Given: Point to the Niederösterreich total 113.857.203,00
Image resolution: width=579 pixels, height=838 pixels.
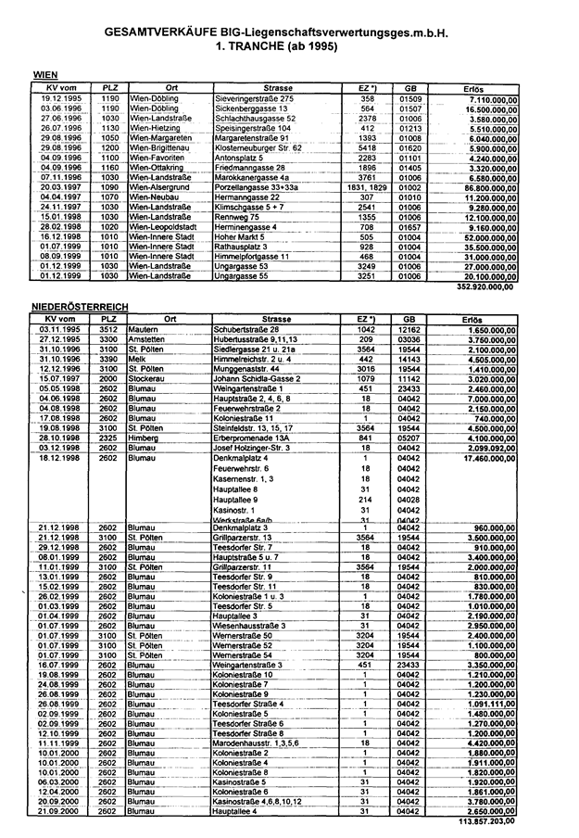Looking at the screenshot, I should [485, 822].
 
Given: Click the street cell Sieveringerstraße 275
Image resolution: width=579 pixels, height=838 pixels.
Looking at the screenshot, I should [254, 98].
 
